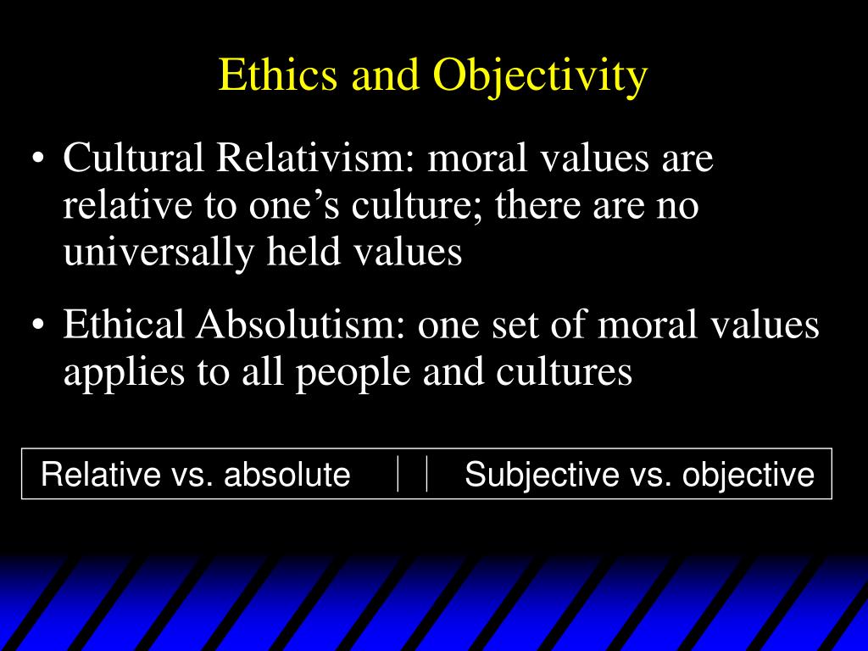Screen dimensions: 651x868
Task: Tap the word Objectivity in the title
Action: tap(540, 77)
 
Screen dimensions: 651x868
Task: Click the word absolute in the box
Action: tap(287, 474)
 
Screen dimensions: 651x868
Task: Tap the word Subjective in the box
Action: tap(542, 475)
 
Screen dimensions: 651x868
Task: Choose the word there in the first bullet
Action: tap(534, 205)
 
